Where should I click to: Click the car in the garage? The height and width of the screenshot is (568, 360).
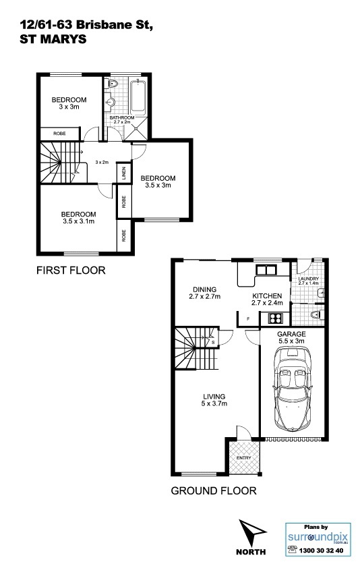(x=293, y=389)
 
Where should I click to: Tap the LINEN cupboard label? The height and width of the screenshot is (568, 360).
(x=124, y=173)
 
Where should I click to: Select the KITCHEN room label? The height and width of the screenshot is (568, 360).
(x=267, y=296)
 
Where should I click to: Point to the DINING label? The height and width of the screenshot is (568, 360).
(x=205, y=289)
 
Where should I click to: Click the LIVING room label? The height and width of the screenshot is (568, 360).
(x=214, y=396)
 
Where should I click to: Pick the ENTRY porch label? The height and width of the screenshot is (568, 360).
(x=244, y=458)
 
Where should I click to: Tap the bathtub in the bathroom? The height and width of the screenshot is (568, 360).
(x=138, y=98)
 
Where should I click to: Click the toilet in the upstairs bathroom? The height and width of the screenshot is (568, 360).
(x=113, y=84)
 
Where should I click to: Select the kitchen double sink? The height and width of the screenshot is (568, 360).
(x=266, y=270)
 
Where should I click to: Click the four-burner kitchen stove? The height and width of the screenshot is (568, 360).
(x=276, y=318)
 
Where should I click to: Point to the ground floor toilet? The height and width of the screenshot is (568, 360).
(x=318, y=314)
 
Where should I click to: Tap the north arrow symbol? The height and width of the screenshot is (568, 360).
(x=251, y=533)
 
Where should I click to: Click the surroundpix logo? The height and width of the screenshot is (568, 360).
(x=318, y=537)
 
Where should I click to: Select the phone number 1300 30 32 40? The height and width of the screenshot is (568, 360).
(x=321, y=550)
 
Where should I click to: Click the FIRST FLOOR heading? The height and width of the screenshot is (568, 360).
(x=71, y=271)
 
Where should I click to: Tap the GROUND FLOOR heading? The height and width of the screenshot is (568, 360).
(x=214, y=491)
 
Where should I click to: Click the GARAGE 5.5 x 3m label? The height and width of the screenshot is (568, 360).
(x=291, y=337)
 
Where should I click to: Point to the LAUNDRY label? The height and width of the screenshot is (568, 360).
(x=309, y=279)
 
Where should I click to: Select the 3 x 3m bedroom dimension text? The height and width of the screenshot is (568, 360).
(x=69, y=107)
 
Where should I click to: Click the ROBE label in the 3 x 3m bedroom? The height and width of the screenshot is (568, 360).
(x=60, y=134)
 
